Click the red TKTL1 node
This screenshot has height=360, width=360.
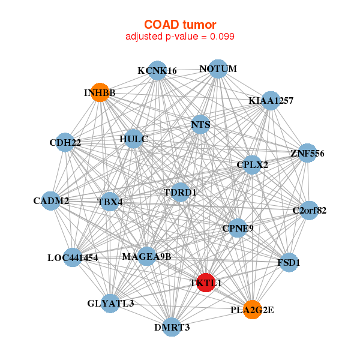tap(206, 282)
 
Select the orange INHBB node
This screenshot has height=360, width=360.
tap(100, 92)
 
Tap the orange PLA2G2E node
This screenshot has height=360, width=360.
tap(253, 310)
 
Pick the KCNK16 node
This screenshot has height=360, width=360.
tap(157, 70)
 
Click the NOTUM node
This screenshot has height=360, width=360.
tap(218, 69)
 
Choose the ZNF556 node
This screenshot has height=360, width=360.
tap(307, 153)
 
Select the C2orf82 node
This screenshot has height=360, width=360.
tap(309, 211)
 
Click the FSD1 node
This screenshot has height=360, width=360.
tap(289, 263)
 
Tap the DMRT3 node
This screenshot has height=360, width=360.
tap(172, 327)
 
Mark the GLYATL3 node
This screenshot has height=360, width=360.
tap(110, 304)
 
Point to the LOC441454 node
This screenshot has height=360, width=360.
tap(73, 258)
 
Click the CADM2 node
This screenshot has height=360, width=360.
tap(51, 200)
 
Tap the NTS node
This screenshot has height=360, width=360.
tap(200, 125)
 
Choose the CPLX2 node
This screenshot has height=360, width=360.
tap(253, 165)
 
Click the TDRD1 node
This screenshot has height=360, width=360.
tap(180, 192)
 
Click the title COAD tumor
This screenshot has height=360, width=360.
tap(180, 25)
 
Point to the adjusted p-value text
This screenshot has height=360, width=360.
tap(180, 37)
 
